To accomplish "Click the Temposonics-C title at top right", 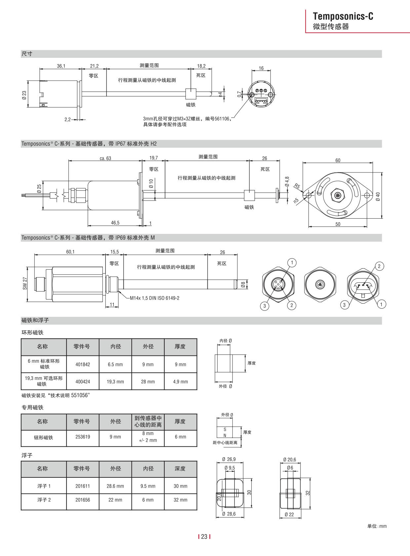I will pos(343,16).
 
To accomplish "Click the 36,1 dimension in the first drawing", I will pos(61,66).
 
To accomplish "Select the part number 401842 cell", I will pos(83,364).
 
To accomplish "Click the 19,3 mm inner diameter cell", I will pos(115,382).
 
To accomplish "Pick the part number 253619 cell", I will pos(83,437).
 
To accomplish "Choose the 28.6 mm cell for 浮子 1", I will pos(115,486).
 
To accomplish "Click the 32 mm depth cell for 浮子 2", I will pos(180,500).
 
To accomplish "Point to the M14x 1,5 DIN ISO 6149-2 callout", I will pos(154,298).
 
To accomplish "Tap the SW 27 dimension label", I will pos(25,283).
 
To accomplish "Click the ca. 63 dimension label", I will pos(105,158).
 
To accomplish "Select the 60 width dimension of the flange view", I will pos(338,160).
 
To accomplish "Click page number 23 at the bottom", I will pos(204,537).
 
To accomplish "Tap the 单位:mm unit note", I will pos(377,526).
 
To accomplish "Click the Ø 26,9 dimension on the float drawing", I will pos(229,459).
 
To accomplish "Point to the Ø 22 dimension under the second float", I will pos(289,514).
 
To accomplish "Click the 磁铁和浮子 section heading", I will pos(35,320).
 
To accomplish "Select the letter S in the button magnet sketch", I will pos(225,429).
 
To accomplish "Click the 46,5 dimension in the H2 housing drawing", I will pos(115,223).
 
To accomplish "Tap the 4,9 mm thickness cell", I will pos(180,382).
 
